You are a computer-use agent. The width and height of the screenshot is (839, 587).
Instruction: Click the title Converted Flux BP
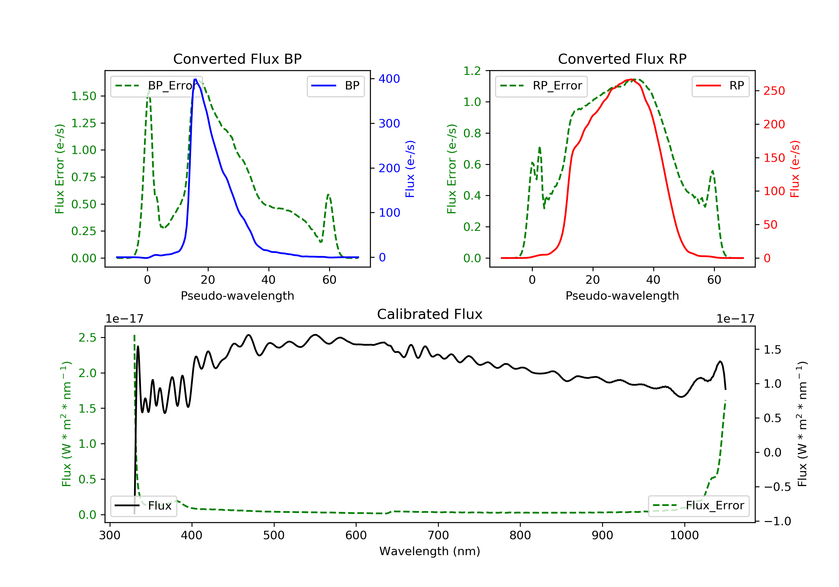237,59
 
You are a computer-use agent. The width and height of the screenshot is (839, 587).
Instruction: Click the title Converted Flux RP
622,59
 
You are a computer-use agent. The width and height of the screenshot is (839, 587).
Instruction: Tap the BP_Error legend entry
156,86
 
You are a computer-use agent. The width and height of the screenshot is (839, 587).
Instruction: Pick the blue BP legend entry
335,86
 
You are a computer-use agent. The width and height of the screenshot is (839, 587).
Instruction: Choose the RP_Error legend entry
541,86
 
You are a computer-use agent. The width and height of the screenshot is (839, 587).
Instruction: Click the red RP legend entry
720,86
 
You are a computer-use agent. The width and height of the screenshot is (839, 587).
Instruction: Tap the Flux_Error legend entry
698,506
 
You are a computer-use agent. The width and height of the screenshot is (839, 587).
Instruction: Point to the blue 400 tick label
389,79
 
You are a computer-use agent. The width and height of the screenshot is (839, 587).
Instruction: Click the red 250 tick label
774,91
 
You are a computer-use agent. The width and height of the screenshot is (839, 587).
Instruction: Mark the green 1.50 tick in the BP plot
84,96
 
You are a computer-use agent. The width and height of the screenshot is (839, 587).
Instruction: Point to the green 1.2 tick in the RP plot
472,71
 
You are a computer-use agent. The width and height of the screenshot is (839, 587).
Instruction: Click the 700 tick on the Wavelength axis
438,536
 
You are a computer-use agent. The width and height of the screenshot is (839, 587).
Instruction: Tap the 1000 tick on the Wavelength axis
684,536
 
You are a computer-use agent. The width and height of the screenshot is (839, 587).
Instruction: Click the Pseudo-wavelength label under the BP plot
237,295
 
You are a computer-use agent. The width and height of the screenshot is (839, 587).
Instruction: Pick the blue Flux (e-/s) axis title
410,169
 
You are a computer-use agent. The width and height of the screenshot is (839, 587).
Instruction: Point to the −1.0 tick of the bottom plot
777,521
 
